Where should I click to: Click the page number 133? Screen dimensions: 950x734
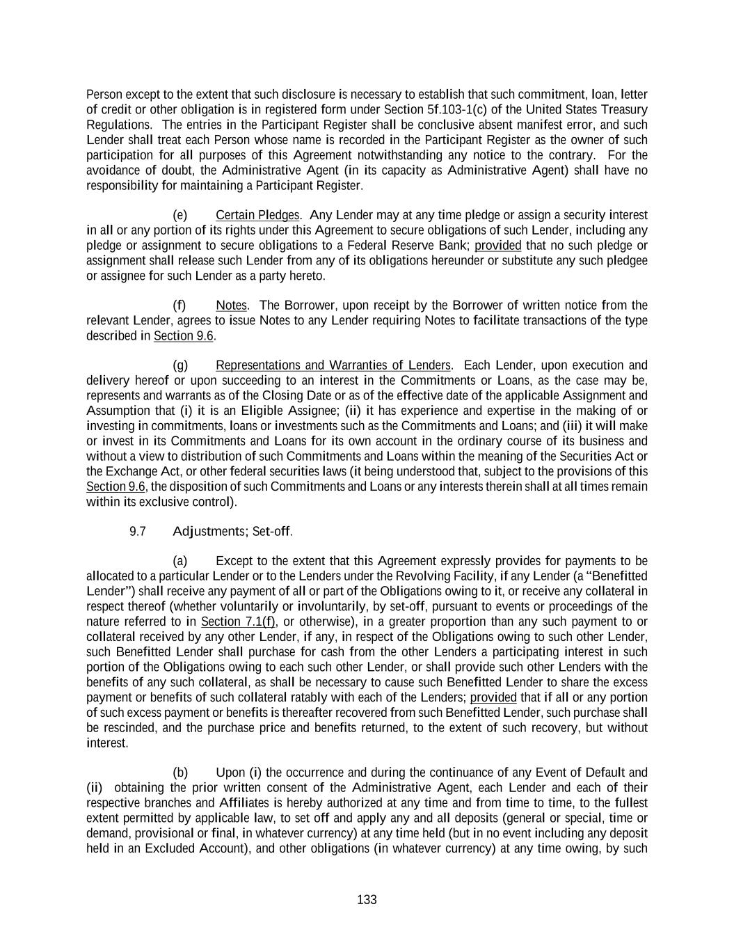click(367, 900)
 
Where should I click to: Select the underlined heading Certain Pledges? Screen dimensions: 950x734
click(257, 215)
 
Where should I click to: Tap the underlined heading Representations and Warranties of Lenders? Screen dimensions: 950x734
click(333, 365)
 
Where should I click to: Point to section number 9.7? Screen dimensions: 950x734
click(138, 532)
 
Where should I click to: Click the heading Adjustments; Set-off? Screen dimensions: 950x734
click(232, 532)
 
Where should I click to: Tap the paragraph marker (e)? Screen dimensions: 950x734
click(179, 215)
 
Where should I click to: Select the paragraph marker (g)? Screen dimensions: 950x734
click(179, 365)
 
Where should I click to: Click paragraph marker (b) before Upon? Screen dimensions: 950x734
click(179, 773)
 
